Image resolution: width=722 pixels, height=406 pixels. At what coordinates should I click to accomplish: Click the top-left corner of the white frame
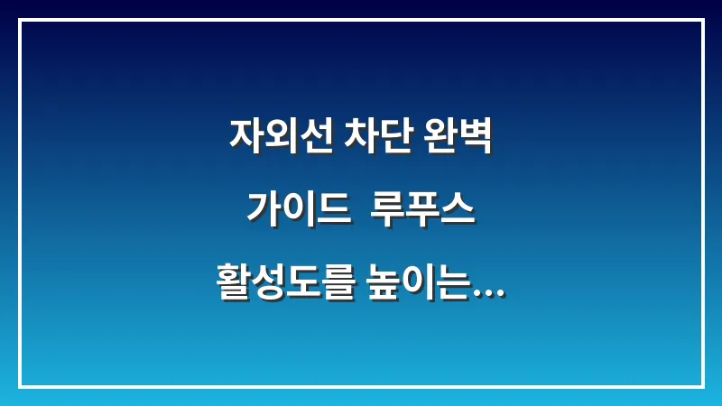[x=20, y=20]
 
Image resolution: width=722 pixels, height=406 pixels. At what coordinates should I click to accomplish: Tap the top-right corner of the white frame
[x=702, y=20]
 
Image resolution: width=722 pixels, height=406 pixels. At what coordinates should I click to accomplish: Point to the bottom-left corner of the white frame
[x=20, y=386]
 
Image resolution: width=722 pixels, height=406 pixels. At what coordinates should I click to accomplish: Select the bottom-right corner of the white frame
[x=702, y=386]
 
